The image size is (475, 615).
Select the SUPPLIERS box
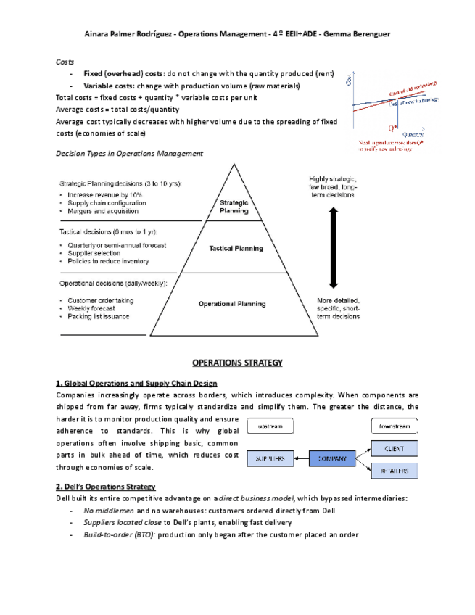pos(271,458)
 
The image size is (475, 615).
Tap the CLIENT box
pos(394,449)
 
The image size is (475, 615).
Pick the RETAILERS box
pos(394,471)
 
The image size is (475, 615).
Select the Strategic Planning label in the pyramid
pos(234,207)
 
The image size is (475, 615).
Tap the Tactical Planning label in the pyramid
pos(236,249)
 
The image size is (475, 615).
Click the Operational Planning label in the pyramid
pos(232,304)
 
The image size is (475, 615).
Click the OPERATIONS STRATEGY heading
pos(237,363)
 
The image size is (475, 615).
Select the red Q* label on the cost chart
pos(392,127)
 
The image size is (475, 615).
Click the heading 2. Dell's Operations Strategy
pos(105,486)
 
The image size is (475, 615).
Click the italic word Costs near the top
pos(65,62)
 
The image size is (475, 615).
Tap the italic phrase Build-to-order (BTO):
pos(119,535)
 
